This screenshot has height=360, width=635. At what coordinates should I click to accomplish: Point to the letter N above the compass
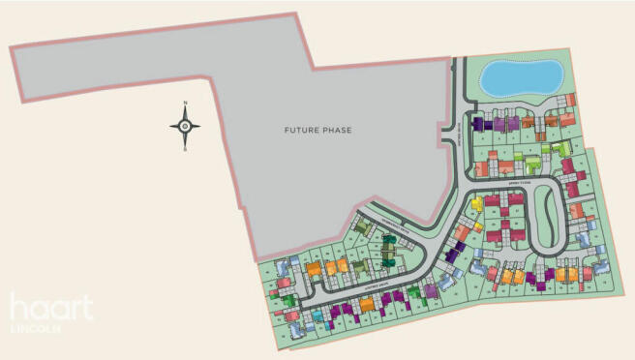tap(185, 104)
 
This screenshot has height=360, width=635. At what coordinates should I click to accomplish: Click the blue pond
tap(521, 76)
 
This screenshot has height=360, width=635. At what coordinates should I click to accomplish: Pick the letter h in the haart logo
tap(18, 308)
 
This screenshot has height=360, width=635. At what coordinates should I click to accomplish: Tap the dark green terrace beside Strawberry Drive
tap(388, 253)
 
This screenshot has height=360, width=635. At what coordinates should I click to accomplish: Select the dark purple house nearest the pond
tap(478, 123)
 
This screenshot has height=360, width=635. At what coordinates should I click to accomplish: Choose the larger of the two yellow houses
tap(476, 204)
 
